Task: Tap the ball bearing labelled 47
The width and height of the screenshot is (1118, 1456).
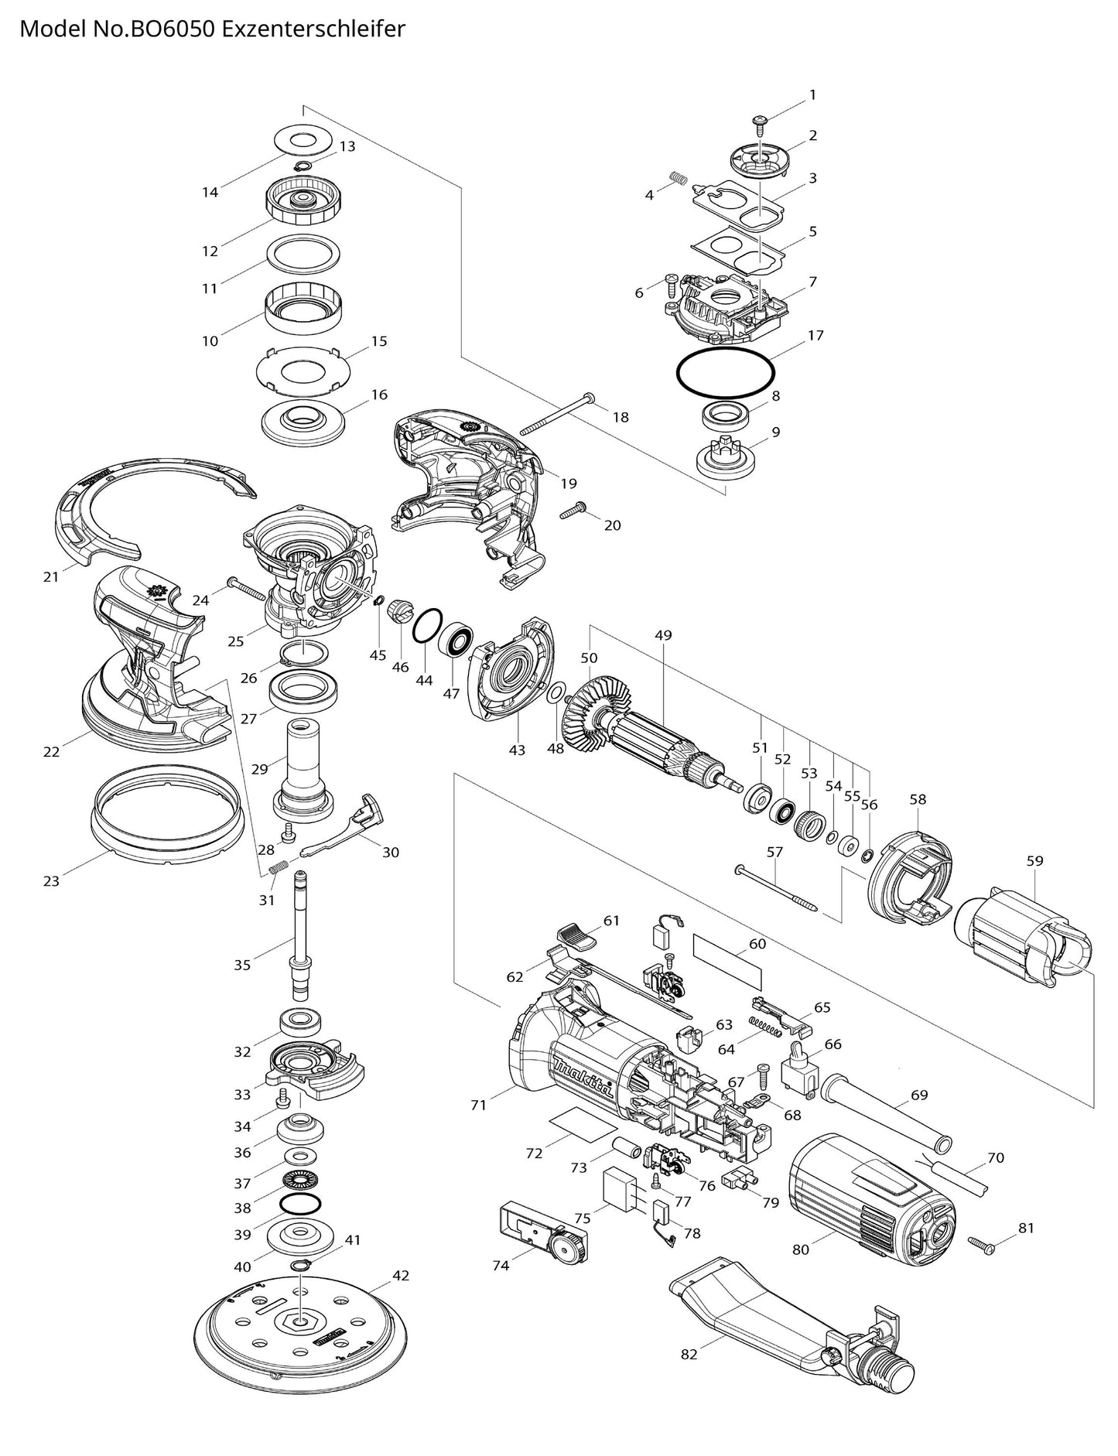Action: click(x=457, y=643)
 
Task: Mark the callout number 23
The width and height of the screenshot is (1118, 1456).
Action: click(x=51, y=880)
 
